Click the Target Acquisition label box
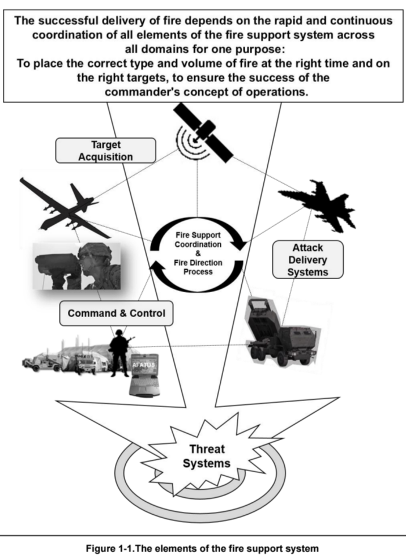[x=105, y=151]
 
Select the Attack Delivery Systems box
[x=307, y=259]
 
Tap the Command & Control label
[x=116, y=313]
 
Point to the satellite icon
[x=203, y=133]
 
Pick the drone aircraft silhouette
[x=66, y=209]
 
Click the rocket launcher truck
[x=281, y=333]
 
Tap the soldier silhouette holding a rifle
[x=119, y=353]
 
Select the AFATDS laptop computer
[x=144, y=375]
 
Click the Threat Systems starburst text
[x=207, y=456]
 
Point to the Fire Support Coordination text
[x=198, y=240]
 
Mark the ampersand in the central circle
[x=198, y=254]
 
